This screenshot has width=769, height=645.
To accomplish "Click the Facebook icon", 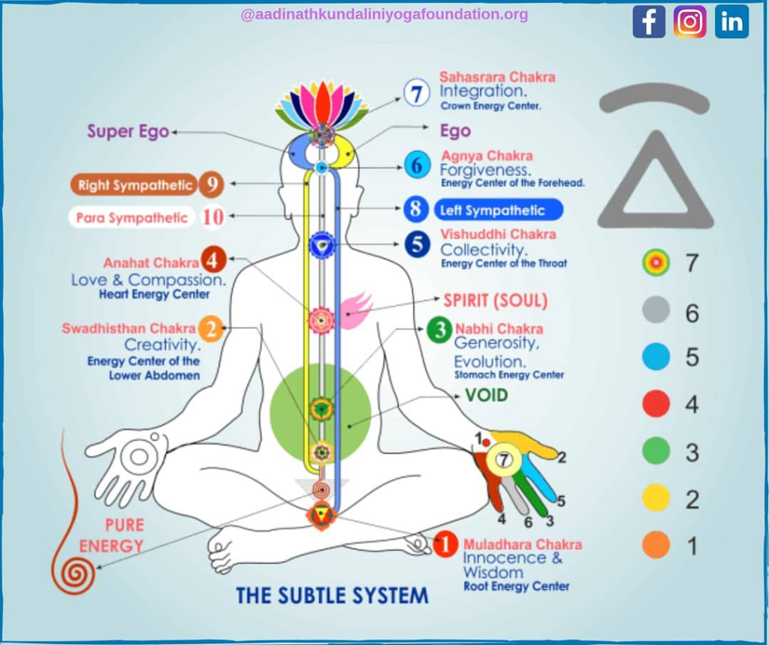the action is (648, 22).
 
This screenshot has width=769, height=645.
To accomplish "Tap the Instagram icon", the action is (689, 22).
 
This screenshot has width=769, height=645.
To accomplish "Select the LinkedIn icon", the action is (731, 22).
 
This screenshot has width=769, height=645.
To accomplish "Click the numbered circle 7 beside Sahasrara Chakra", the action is (416, 92).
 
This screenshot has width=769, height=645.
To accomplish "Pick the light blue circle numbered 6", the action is (418, 165).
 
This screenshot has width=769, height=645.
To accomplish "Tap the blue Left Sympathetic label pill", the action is (499, 210).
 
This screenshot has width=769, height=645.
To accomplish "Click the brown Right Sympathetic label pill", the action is (134, 185).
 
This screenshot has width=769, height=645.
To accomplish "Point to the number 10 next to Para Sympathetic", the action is (213, 217).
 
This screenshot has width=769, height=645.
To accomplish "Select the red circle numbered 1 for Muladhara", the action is (445, 544).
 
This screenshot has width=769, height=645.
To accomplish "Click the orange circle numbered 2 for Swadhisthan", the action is (211, 329).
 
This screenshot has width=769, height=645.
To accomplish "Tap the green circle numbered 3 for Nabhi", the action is (439, 329).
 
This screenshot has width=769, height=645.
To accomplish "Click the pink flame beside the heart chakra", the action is (354, 310).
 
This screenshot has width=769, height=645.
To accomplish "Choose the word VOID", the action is (486, 395).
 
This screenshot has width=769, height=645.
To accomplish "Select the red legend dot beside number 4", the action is (656, 404).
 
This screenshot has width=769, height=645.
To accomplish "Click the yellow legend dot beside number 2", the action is (656, 498).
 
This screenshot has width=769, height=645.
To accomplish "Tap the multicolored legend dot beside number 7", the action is (656, 262).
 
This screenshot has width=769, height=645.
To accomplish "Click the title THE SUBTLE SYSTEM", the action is (332, 595).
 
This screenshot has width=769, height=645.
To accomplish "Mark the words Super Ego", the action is (128, 132).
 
